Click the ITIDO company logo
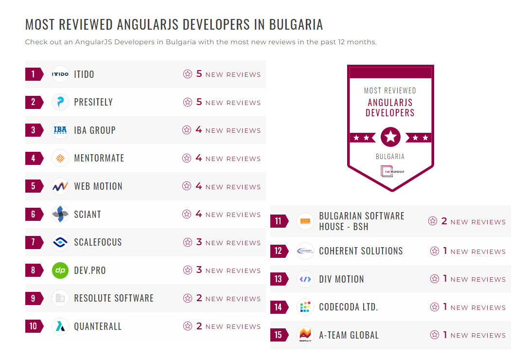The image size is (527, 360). tap(60, 74)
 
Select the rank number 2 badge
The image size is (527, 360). tap(34, 102)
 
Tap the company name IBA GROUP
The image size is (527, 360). tap(95, 130)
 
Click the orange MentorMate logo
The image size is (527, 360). tap(60, 158)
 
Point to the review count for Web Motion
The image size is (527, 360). tap(199, 186)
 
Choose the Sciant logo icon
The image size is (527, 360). tap(60, 214)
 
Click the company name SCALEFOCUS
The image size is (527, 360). tap(98, 242)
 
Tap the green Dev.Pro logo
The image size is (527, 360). tap(60, 270)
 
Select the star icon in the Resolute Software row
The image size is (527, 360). tap(188, 298)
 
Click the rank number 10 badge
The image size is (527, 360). tap(34, 326)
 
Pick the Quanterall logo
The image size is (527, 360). tap(60, 326)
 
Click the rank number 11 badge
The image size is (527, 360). tap(279, 221)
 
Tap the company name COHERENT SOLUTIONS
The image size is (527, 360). tap(361, 251)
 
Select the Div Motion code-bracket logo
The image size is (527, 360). tap(305, 279)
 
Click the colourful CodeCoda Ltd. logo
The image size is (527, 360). tap(305, 307)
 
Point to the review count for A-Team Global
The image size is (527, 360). tap(445, 335)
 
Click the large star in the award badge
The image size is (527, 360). tap(390, 137)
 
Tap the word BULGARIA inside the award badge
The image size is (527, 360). tap(390, 157)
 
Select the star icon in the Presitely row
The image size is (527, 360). tap(188, 102)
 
